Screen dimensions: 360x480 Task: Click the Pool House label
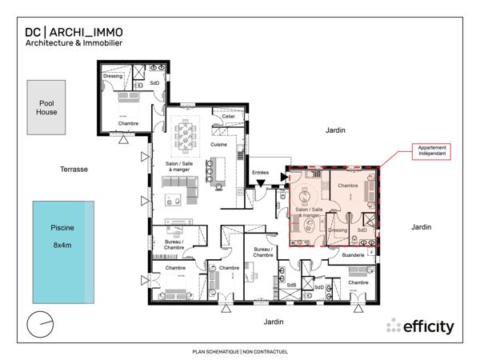pyautogui.click(x=46, y=108)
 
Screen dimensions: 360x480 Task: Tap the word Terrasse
pyautogui.click(x=74, y=170)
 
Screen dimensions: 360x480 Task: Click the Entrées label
pyautogui.click(x=260, y=172)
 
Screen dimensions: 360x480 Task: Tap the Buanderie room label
pyautogui.click(x=353, y=254)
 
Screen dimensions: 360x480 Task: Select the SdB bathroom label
pyautogui.click(x=291, y=284)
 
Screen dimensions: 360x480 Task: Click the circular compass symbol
pyautogui.click(x=38, y=325)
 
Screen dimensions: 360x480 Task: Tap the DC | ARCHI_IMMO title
pyautogui.click(x=74, y=31)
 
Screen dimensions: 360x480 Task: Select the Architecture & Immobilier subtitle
pyautogui.click(x=74, y=43)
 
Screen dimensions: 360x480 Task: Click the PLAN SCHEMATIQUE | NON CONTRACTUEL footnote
pyautogui.click(x=240, y=351)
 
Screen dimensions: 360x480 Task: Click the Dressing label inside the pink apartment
pyautogui.click(x=337, y=230)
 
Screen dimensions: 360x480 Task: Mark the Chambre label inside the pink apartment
pyautogui.click(x=348, y=186)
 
